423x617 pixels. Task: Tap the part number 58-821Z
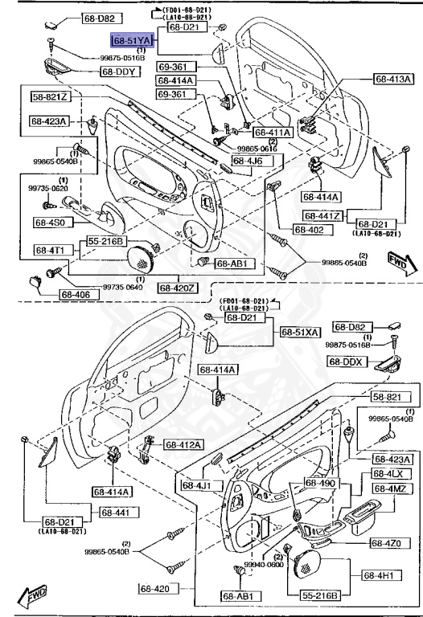(x=51, y=96)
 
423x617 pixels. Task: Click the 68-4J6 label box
(x=253, y=161)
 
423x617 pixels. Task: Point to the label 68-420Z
(x=176, y=288)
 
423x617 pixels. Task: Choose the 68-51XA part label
(x=300, y=332)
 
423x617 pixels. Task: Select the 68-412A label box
(x=184, y=444)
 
